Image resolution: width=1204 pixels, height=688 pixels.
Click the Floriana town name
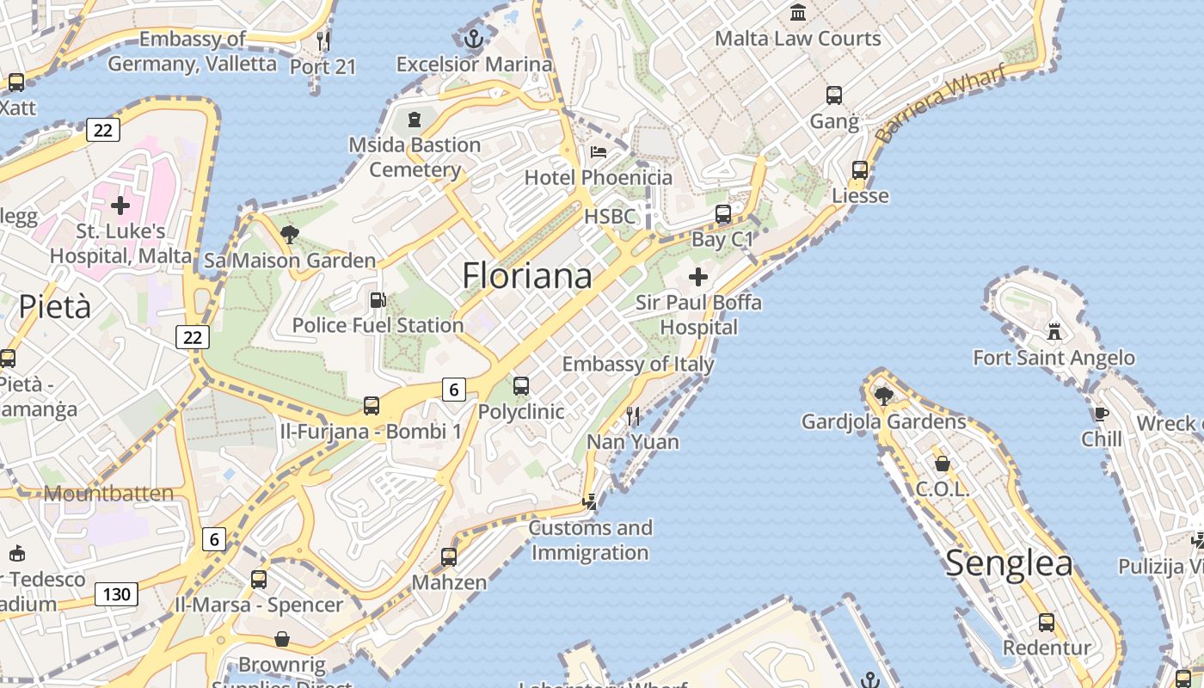point(526,276)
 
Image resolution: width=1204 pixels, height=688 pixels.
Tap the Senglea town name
point(1009,563)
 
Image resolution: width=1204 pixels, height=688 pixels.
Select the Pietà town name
point(54,306)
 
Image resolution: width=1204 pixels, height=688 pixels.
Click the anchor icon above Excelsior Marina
point(473,39)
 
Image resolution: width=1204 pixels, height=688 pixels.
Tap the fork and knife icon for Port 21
point(323,40)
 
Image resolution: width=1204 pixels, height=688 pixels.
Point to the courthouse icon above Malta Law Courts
point(798,13)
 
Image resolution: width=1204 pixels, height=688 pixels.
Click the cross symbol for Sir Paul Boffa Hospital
point(698,277)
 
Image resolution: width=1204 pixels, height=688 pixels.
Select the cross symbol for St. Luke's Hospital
point(120,206)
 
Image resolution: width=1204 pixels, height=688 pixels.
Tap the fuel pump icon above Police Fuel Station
point(378,300)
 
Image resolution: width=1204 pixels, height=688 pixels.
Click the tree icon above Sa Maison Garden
point(290,234)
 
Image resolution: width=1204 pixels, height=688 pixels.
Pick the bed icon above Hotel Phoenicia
point(599,152)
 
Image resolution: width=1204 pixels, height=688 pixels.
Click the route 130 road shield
point(116,593)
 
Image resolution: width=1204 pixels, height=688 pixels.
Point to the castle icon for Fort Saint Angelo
point(1053,332)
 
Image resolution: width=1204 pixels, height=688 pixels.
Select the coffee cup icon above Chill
point(1101,415)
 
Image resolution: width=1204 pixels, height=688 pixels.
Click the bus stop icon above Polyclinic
point(521,386)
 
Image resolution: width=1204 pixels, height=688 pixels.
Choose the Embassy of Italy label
point(638,364)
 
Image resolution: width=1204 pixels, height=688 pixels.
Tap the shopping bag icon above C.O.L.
point(943,464)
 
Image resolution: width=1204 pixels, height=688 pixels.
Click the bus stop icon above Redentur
point(1047,622)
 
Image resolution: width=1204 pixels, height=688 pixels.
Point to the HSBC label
point(610,216)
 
